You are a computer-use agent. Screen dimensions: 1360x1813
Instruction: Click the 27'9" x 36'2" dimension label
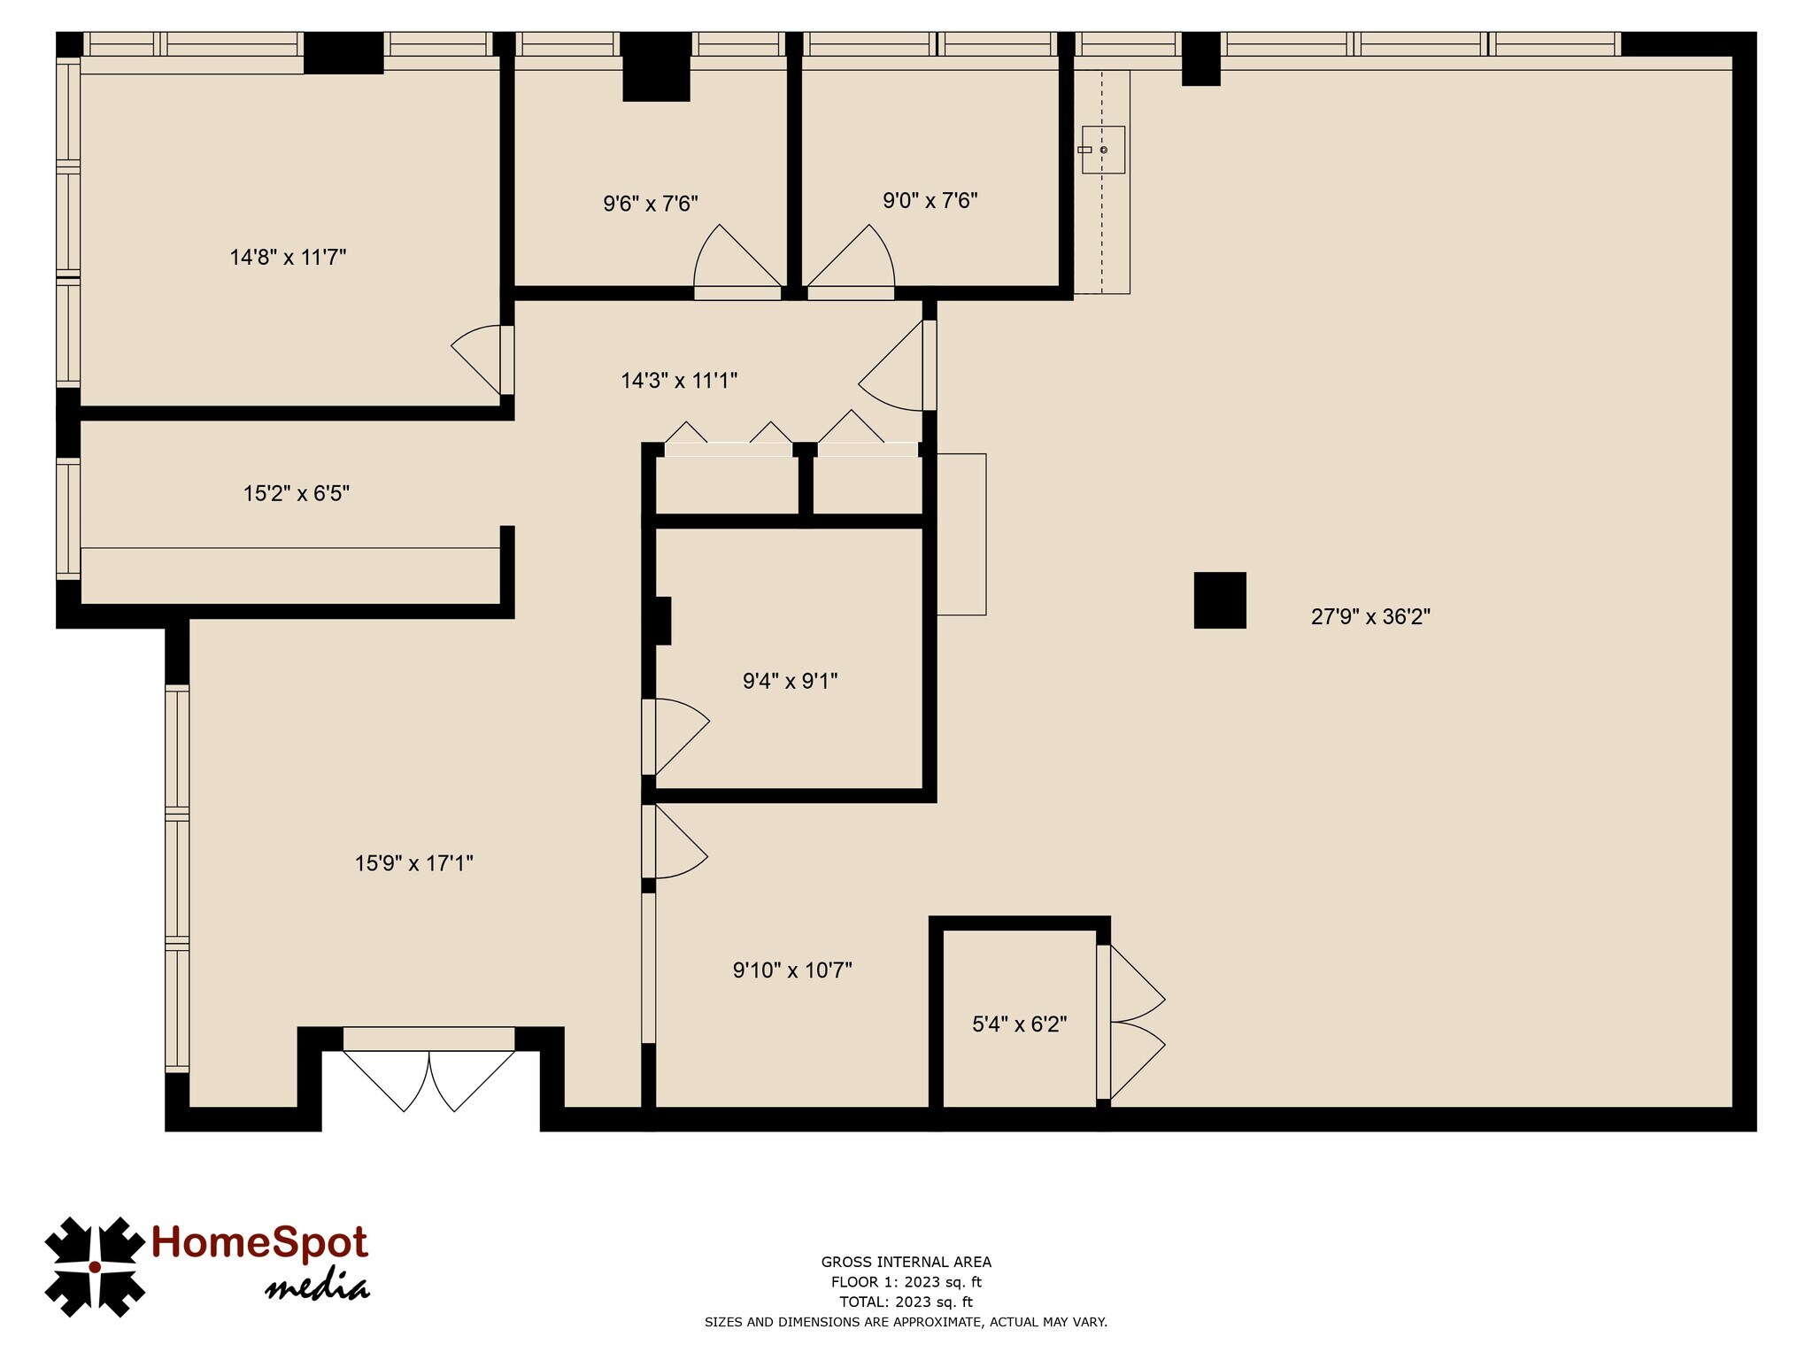pyautogui.click(x=1369, y=617)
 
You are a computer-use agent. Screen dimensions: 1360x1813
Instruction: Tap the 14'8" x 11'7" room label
pyautogui.click(x=288, y=258)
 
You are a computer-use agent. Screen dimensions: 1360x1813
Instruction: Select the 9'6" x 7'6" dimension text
pyautogui.click(x=651, y=204)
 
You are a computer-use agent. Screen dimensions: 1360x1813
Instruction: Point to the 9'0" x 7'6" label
pyautogui.click(x=930, y=201)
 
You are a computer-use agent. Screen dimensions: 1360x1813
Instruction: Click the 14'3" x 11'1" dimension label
pyautogui.click(x=679, y=381)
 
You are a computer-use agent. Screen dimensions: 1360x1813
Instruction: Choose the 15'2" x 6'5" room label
pyautogui.click(x=297, y=493)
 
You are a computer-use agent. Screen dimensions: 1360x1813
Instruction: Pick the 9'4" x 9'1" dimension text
pyautogui.click(x=790, y=681)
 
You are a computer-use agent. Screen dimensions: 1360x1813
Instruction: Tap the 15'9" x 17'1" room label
pyautogui.click(x=414, y=863)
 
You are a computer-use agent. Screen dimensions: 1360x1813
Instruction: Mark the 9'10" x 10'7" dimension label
pyautogui.click(x=792, y=970)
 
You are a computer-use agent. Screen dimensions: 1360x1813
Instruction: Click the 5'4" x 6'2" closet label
pyautogui.click(x=1019, y=1024)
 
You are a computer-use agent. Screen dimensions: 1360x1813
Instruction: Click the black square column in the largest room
pyautogui.click(x=1220, y=600)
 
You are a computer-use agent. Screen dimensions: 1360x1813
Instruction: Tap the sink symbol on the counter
pyautogui.click(x=1102, y=150)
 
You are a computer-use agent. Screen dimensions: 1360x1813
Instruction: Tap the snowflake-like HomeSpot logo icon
pyautogui.click(x=94, y=1266)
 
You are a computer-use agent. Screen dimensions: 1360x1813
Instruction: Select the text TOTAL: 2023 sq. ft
pyautogui.click(x=906, y=1302)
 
